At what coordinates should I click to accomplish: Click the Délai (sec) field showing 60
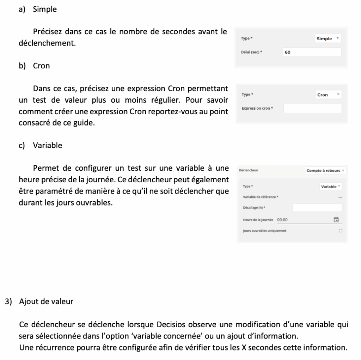pyautogui.click(x=312, y=53)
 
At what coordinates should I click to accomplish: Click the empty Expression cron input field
pyautogui.click(x=312, y=108)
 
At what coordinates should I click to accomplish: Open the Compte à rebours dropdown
pyautogui.click(x=325, y=171)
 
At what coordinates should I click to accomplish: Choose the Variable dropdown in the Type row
pyautogui.click(x=331, y=187)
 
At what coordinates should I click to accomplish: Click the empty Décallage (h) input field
pyautogui.click(x=317, y=208)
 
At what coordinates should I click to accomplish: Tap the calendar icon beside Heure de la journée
pyautogui.click(x=336, y=220)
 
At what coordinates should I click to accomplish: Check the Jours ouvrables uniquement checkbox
pyautogui.click(x=340, y=231)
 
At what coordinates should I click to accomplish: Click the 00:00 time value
pyautogui.click(x=282, y=220)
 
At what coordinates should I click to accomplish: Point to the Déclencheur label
pyautogui.click(x=249, y=170)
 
